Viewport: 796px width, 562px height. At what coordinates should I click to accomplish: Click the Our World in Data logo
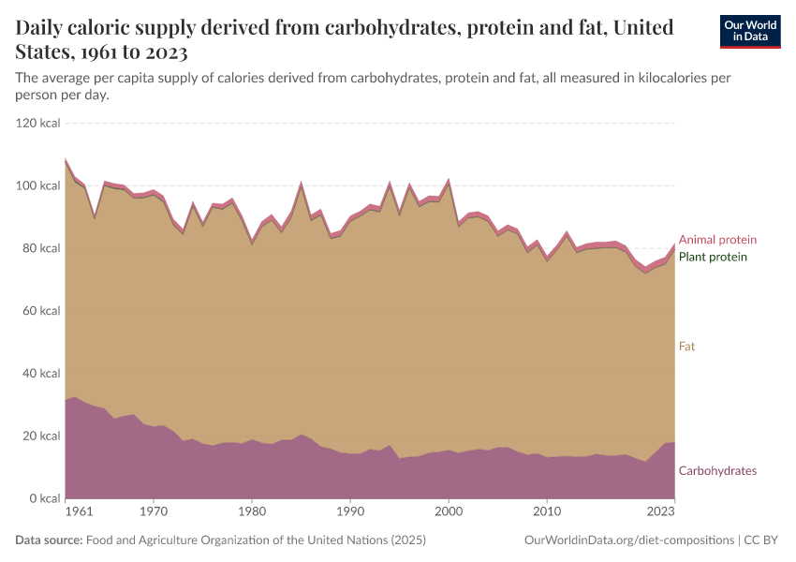click(750, 31)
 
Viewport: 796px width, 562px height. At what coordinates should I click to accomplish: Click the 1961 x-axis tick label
click(79, 511)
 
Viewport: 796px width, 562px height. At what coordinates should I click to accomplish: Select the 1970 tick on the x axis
click(154, 511)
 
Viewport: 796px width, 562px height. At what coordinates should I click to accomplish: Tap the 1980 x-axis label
click(252, 511)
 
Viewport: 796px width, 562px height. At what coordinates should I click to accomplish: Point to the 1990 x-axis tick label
click(350, 511)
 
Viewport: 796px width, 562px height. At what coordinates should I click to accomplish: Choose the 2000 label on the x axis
click(449, 511)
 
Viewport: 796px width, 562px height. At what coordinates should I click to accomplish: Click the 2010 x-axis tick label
click(547, 511)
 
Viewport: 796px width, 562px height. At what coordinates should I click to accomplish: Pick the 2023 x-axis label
click(660, 511)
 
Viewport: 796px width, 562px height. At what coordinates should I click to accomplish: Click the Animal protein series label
click(717, 240)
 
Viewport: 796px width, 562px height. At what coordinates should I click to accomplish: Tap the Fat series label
click(686, 347)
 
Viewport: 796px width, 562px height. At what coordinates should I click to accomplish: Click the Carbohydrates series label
click(717, 470)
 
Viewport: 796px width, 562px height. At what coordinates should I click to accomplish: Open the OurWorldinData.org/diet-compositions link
click(629, 540)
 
